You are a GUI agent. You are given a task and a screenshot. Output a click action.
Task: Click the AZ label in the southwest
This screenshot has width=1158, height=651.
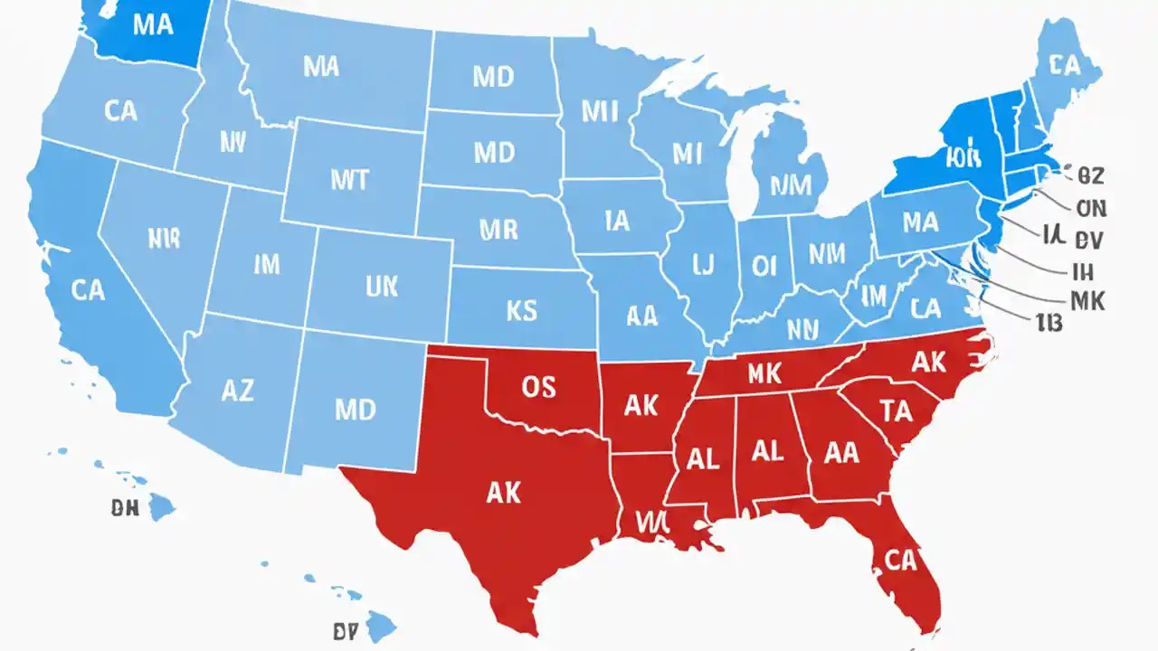coord(237,391)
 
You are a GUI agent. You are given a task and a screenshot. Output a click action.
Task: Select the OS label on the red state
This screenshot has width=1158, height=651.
coord(539,387)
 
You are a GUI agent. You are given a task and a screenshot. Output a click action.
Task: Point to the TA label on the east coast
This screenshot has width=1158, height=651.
coord(897,411)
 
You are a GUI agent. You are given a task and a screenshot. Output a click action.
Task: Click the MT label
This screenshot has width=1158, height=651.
coord(349,180)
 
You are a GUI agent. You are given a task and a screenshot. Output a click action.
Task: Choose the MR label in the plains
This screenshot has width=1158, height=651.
coord(498,229)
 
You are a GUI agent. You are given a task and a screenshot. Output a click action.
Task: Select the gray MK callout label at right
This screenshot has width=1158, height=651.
coord(1087,301)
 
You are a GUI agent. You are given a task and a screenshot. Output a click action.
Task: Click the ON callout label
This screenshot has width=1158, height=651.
coord(1090,208)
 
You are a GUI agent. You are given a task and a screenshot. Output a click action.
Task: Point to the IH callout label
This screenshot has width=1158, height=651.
coord(1083,270)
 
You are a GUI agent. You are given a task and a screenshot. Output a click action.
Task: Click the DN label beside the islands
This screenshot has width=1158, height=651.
coord(125,509)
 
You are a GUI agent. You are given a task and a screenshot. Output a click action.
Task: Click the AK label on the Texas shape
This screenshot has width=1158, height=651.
coord(503,492)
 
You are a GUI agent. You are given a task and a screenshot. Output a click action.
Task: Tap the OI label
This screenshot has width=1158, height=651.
coord(764,265)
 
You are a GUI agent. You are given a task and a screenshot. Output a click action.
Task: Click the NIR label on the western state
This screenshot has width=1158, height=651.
coord(163,238)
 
